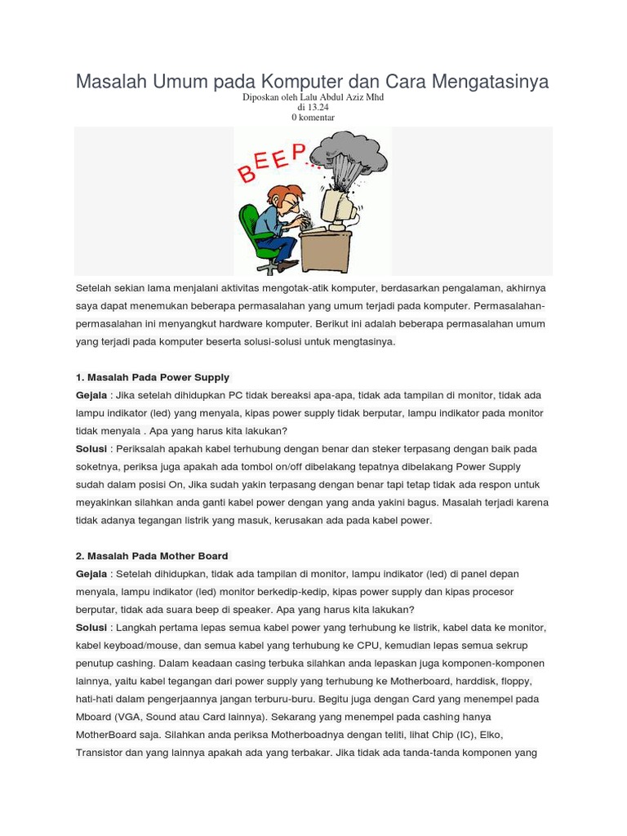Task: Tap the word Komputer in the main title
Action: point(299,82)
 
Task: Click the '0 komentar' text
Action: point(313,117)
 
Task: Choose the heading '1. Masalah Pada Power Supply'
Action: point(153,377)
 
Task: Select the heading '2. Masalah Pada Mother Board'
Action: point(152,556)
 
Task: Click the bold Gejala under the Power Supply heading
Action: point(91,395)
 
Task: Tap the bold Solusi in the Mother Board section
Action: point(91,628)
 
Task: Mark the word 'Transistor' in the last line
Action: point(101,753)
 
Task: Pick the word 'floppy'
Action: point(515,681)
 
